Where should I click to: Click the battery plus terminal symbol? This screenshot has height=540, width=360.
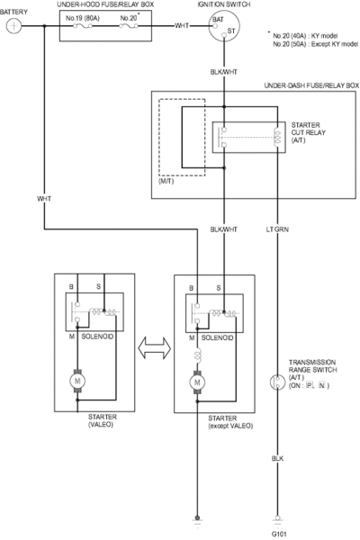[x=13, y=26]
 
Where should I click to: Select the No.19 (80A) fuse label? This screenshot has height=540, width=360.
[x=82, y=18]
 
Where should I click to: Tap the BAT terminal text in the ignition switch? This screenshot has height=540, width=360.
[x=218, y=19]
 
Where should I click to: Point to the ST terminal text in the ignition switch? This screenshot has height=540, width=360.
[x=231, y=31]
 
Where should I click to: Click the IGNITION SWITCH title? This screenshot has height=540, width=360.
[x=224, y=4]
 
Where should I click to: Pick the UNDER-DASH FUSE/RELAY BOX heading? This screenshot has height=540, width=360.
[x=311, y=85]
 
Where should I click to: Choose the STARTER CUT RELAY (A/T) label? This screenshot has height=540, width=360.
[x=308, y=132]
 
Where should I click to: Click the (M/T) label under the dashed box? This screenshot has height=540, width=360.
[x=166, y=181]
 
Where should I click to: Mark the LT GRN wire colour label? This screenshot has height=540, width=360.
[x=277, y=229]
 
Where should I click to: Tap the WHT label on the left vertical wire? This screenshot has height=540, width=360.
[x=44, y=199]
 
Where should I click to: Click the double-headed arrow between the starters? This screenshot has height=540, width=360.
[x=154, y=347]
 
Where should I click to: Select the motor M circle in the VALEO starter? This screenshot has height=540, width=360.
[x=77, y=381]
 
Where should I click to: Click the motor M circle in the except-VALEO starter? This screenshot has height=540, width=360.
[x=197, y=382]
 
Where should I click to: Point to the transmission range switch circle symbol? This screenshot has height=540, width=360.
[x=277, y=382]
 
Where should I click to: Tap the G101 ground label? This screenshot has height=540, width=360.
[x=279, y=534]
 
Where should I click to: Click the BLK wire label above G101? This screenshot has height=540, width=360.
[x=277, y=458]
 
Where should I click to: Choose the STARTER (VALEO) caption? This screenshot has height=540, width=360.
[x=103, y=420]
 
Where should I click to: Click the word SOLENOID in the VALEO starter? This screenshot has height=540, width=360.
[x=97, y=337]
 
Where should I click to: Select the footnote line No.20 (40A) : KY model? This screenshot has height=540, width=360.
[x=305, y=36]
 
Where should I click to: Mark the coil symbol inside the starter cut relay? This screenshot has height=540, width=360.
[x=277, y=138]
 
